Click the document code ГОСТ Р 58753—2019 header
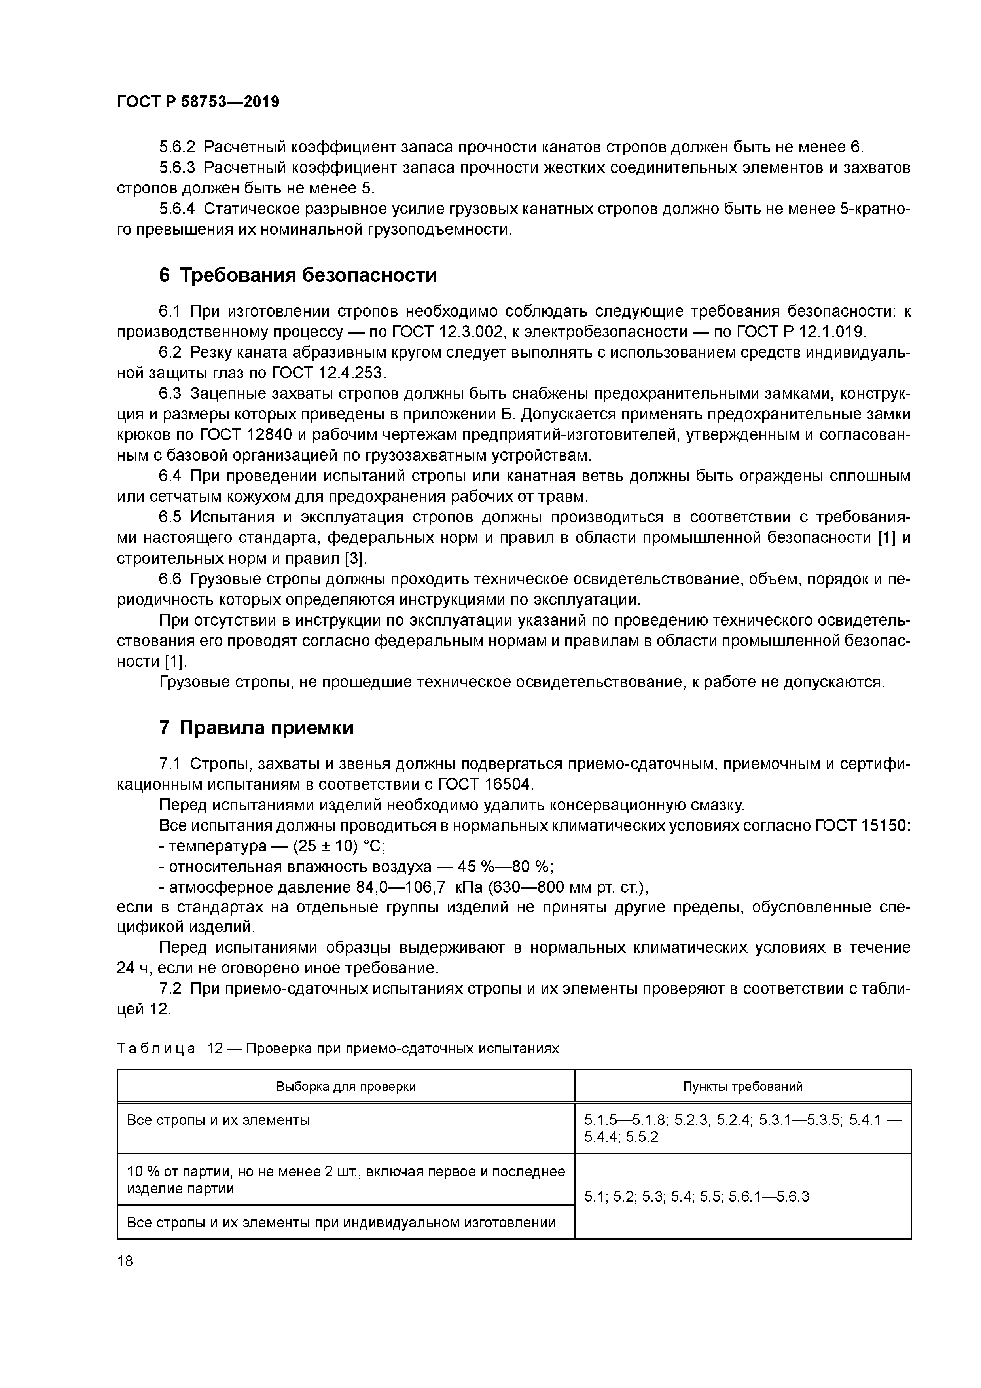[198, 102]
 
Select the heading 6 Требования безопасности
[297, 276]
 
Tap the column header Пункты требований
[743, 1087]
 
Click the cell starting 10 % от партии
[346, 1179]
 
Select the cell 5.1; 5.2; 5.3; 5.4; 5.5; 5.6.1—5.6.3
[696, 1196]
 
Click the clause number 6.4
[170, 476]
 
